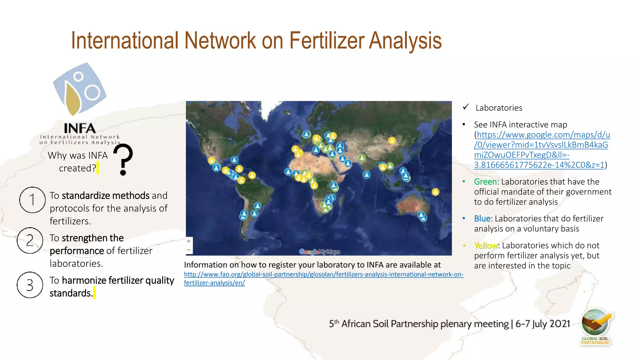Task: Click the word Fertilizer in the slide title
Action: tap(326, 41)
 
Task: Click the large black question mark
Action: tap(123, 159)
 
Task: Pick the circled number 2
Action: tap(30, 240)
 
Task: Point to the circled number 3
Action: tap(30, 285)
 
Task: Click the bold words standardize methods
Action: tap(105, 196)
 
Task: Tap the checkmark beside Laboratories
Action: tap(466, 107)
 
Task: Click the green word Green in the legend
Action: tap(485, 182)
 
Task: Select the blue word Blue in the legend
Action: tap(482, 219)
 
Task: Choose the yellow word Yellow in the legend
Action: tap(486, 246)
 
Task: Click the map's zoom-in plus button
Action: tap(189, 241)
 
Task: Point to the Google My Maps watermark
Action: tap(319, 252)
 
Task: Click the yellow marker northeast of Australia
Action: tap(435, 192)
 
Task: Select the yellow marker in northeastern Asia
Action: tap(392, 141)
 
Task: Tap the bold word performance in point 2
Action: tap(77, 251)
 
